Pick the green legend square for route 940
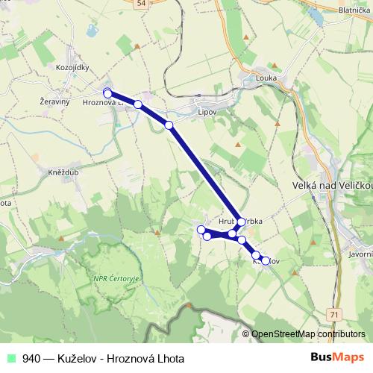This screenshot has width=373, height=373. click(11, 358)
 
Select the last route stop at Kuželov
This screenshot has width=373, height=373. click(266, 261)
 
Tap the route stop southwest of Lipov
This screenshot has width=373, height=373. click(169, 125)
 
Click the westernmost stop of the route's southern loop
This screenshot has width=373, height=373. click(201, 229)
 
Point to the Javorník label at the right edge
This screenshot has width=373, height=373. click(361, 254)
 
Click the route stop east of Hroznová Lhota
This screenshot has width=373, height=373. click(138, 104)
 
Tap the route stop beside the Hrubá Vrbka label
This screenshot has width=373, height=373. click(241, 222)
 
